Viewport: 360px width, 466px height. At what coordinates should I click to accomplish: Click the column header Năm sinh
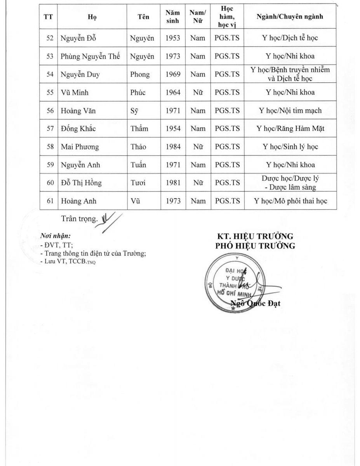[x=172, y=17]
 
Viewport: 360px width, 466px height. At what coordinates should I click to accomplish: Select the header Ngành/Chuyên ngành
[x=290, y=17]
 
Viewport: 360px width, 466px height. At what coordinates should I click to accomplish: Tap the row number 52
[x=50, y=38]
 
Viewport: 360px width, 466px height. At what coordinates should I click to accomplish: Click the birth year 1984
[x=172, y=147]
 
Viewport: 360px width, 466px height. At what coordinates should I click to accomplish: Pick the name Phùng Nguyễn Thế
[x=90, y=56]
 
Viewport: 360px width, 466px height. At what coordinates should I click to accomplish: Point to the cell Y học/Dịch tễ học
[x=290, y=38]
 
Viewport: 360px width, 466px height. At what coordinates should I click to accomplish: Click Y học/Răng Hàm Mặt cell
[x=290, y=129]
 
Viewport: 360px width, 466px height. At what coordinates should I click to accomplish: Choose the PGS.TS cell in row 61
[x=227, y=201]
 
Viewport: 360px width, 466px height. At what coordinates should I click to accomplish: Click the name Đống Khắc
[x=78, y=129]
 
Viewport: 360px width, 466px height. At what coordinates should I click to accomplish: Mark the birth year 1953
[x=172, y=38]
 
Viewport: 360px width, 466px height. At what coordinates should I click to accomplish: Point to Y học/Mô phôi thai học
[x=290, y=201]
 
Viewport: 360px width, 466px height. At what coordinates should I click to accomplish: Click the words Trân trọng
[x=78, y=219]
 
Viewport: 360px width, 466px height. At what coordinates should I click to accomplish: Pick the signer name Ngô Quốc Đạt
[x=255, y=303]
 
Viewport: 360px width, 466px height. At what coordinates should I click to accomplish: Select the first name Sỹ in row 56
[x=134, y=111]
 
